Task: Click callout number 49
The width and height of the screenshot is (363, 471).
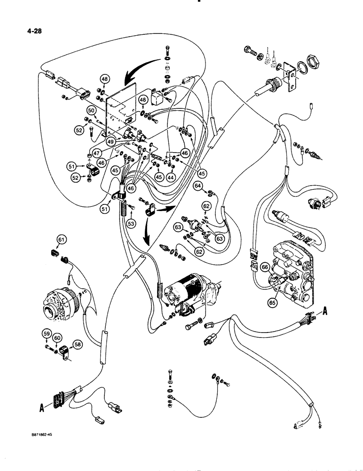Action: coord(111,140)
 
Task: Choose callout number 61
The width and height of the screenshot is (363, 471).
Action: coord(60,240)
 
